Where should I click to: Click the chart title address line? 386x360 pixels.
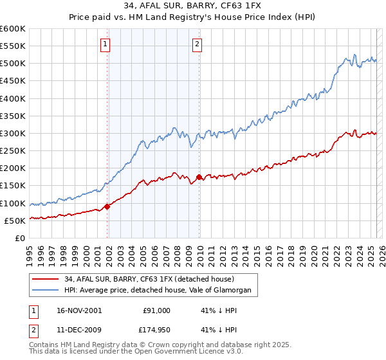tap(193, 6)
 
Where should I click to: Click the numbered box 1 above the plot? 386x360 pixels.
tap(105, 44)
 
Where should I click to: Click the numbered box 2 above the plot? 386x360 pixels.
tap(197, 44)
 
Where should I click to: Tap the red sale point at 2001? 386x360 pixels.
tap(107, 206)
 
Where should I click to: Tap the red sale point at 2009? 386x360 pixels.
tap(199, 177)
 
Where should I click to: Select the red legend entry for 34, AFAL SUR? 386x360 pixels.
tap(152, 279)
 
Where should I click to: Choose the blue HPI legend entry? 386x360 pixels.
tap(160, 291)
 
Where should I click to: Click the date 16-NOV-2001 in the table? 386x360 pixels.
tap(79, 310)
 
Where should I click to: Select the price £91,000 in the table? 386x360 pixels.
tap(156, 310)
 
